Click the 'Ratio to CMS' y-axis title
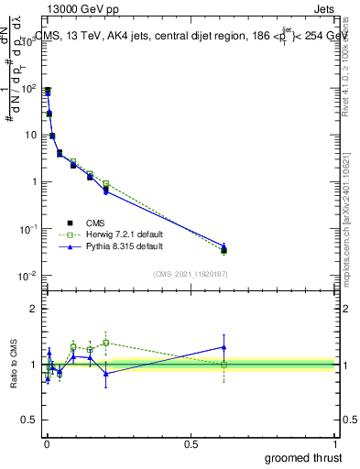[x=14, y=365]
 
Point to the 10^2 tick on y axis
[x=29, y=89]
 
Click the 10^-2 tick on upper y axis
[x=29, y=276]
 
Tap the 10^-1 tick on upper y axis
[x=29, y=229]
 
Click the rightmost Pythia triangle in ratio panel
[x=224, y=347]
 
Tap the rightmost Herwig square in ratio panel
[x=224, y=365]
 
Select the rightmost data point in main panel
[x=224, y=248]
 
